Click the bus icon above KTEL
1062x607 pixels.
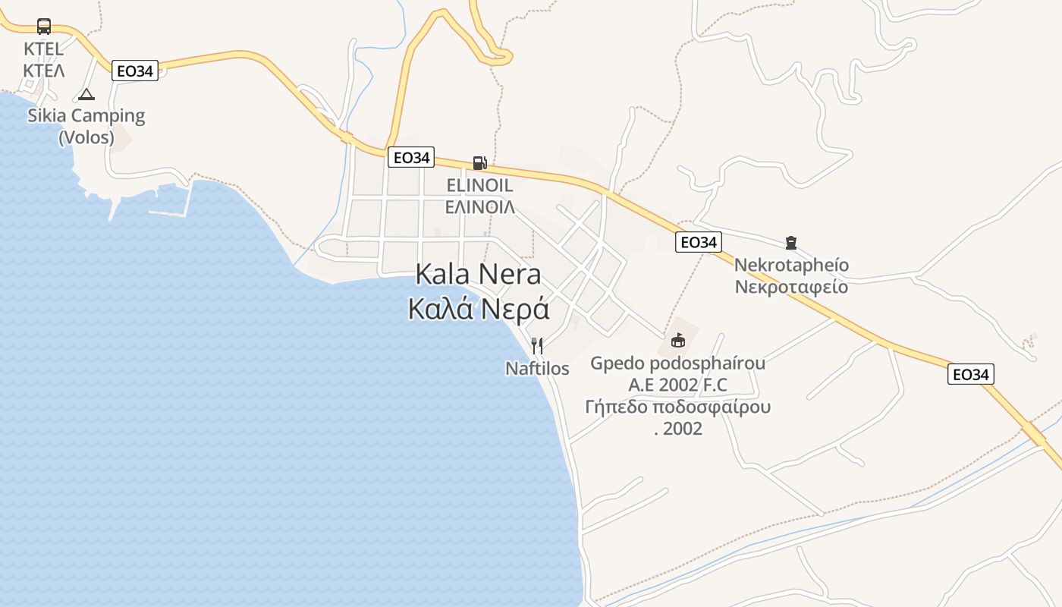[x=44, y=27]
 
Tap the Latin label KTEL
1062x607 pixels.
[x=43, y=49]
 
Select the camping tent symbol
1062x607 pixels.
[x=86, y=95]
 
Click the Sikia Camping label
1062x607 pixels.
[x=86, y=116]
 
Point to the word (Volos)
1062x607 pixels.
[x=86, y=138]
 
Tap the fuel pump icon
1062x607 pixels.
[x=479, y=162]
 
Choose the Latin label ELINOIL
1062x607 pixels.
[x=479, y=185]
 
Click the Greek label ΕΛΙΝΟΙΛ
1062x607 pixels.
[x=479, y=206]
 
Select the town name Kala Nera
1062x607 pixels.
[x=479, y=275]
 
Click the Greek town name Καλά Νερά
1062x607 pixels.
[x=479, y=310]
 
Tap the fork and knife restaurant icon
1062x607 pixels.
[x=537, y=346]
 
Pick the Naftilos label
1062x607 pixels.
[x=537, y=369]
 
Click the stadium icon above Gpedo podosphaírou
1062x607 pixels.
[x=678, y=340]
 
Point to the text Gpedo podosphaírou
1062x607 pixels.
[x=678, y=363]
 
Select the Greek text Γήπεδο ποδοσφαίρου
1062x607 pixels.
[x=678, y=407]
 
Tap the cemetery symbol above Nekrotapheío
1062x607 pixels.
[x=791, y=243]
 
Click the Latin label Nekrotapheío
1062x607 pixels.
[x=791, y=266]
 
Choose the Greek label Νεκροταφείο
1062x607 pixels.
[x=791, y=288]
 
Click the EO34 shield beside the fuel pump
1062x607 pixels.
[x=411, y=158]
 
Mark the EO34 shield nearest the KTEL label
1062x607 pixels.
[x=136, y=71]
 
